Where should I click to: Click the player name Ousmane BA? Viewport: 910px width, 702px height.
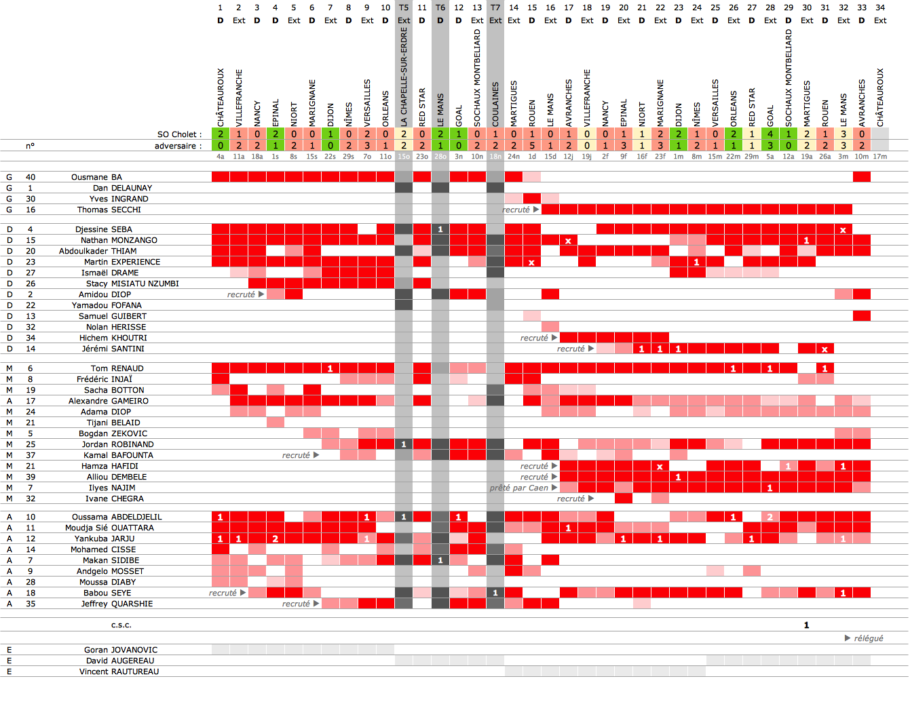[96, 177]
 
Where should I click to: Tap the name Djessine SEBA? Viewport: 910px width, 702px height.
[103, 229]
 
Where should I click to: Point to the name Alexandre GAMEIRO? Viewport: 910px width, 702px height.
[108, 401]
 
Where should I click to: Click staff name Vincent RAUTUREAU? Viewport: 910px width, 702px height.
[119, 671]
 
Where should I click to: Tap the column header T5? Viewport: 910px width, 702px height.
[404, 7]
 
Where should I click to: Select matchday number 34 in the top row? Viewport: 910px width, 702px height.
[880, 7]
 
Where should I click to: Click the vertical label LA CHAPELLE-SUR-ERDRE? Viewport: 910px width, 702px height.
[404, 77]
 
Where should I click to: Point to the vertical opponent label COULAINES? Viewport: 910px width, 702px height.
[495, 104]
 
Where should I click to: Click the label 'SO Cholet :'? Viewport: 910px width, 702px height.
[179, 134]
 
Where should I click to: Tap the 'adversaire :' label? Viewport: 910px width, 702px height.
[178, 146]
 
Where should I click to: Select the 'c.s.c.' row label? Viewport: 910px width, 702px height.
[121, 625]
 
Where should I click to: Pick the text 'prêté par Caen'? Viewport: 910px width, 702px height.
[519, 488]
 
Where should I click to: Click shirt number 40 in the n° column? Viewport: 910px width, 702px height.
[31, 177]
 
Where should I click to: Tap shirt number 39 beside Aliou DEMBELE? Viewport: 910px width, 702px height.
[31, 477]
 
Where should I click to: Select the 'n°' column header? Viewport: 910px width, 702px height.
[31, 146]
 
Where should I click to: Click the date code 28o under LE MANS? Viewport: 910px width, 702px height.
[440, 157]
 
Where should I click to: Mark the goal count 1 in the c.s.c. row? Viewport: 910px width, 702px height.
[806, 625]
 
